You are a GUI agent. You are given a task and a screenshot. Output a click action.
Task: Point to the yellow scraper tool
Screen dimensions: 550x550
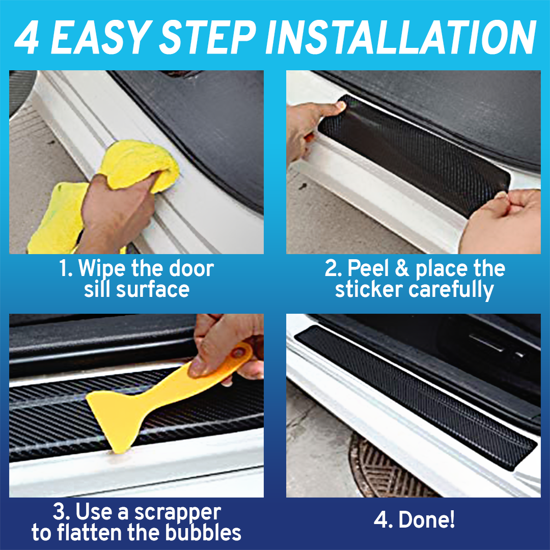[153, 397]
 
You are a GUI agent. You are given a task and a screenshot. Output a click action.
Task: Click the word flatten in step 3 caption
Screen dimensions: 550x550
[90, 533]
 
